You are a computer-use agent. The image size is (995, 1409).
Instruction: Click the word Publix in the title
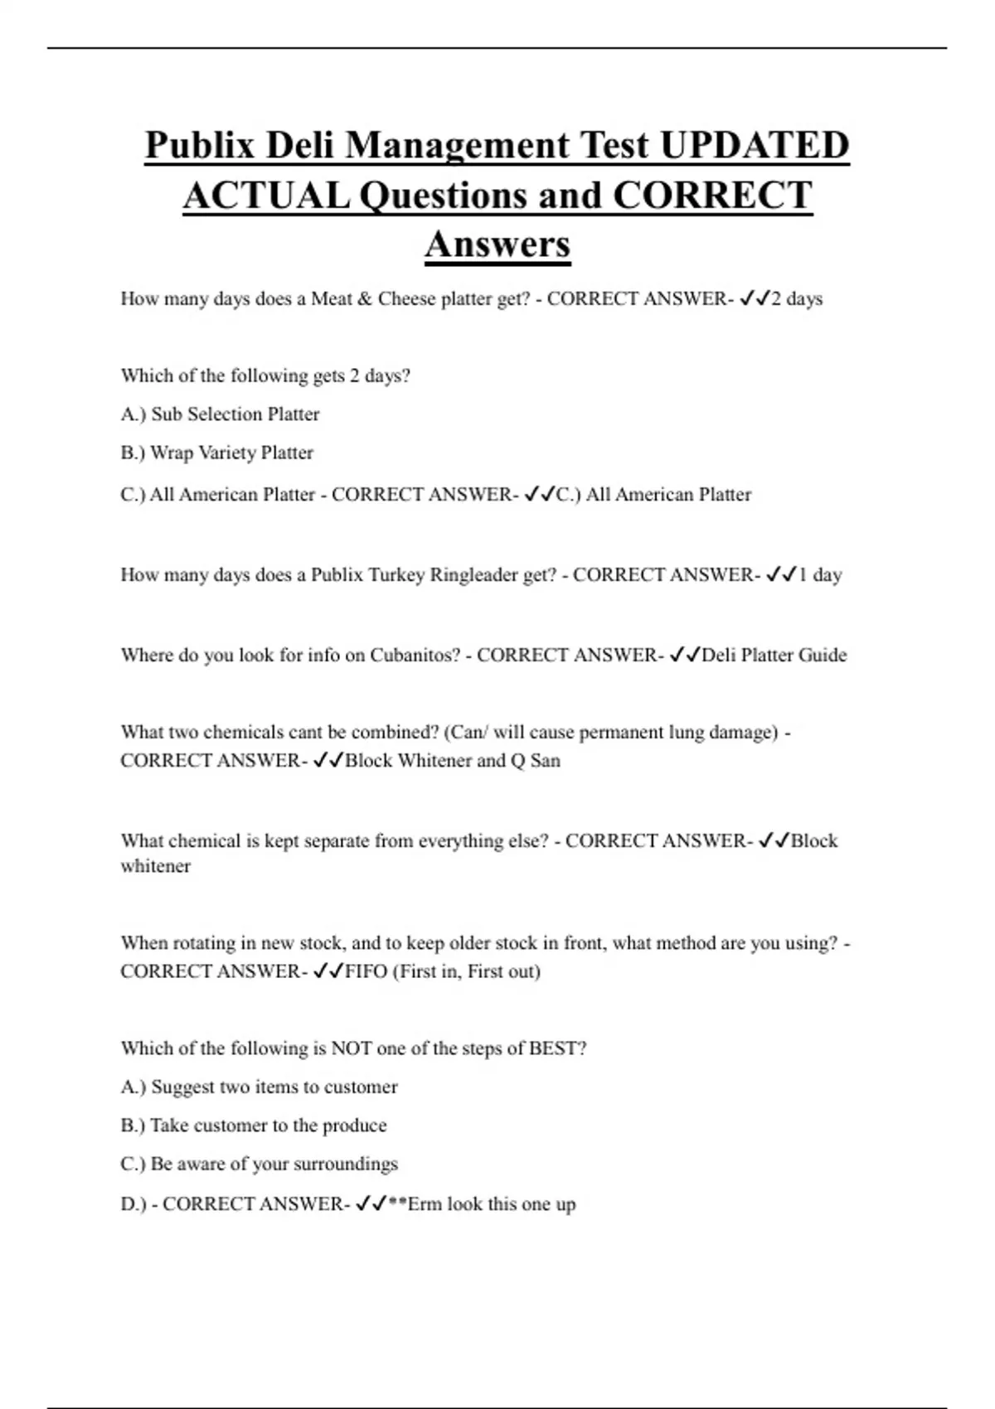pos(199,146)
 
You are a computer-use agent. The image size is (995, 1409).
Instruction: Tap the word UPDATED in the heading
pos(755,146)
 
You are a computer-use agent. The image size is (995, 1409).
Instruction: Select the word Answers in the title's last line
pos(498,244)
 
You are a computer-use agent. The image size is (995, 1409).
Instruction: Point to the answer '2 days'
pos(797,299)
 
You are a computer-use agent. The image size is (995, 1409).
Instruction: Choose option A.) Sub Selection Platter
pos(220,414)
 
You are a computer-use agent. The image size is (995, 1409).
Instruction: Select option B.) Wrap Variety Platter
pos(216,453)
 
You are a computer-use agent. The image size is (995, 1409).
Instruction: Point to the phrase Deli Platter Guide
pos(774,656)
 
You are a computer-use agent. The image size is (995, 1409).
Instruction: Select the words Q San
pos(535,761)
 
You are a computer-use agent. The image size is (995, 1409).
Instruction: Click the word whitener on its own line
pos(155,867)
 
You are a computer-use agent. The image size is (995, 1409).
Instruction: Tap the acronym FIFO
pos(366,971)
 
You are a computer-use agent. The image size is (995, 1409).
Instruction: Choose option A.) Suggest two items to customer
pos(259,1087)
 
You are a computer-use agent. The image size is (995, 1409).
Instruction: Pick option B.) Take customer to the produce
pos(253,1126)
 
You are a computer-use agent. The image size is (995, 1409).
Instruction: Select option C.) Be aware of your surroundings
pos(259,1164)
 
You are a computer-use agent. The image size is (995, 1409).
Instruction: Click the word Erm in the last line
pos(425,1204)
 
